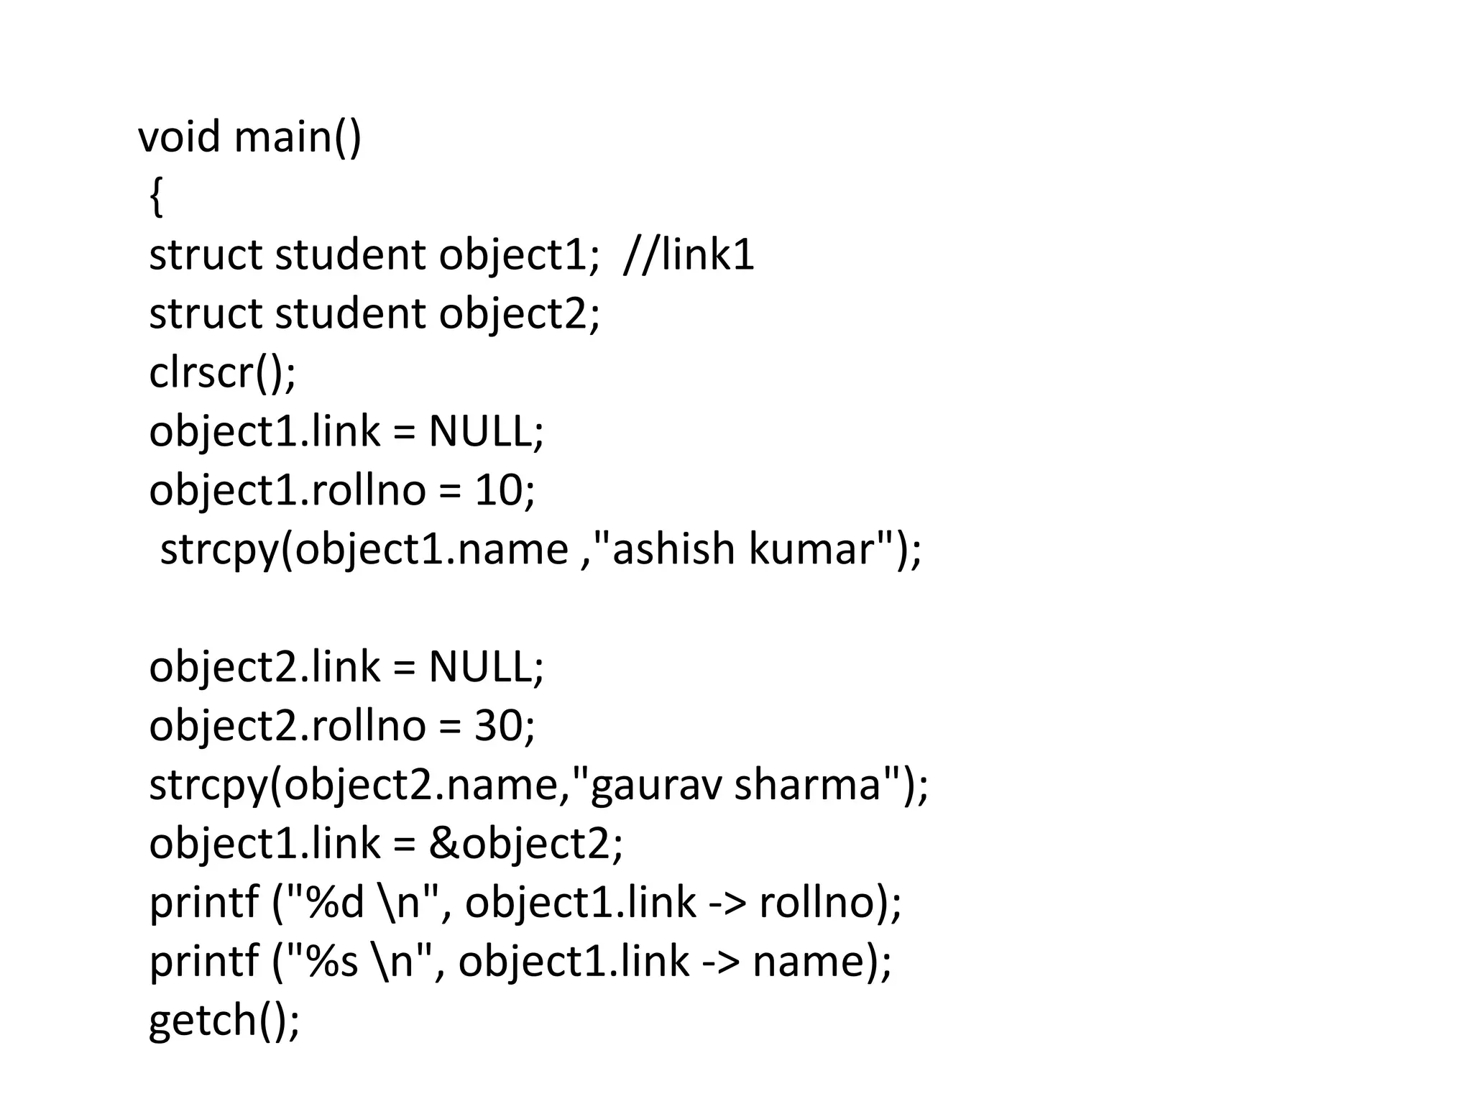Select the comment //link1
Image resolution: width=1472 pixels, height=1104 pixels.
tap(689, 254)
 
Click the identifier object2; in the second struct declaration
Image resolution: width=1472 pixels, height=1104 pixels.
tap(519, 313)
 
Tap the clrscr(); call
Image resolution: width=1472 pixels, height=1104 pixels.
tap(222, 372)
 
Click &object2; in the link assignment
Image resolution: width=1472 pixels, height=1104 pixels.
tap(525, 842)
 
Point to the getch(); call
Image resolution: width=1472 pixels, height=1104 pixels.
tap(224, 1019)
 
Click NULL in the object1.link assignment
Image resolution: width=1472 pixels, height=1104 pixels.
tap(480, 431)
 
